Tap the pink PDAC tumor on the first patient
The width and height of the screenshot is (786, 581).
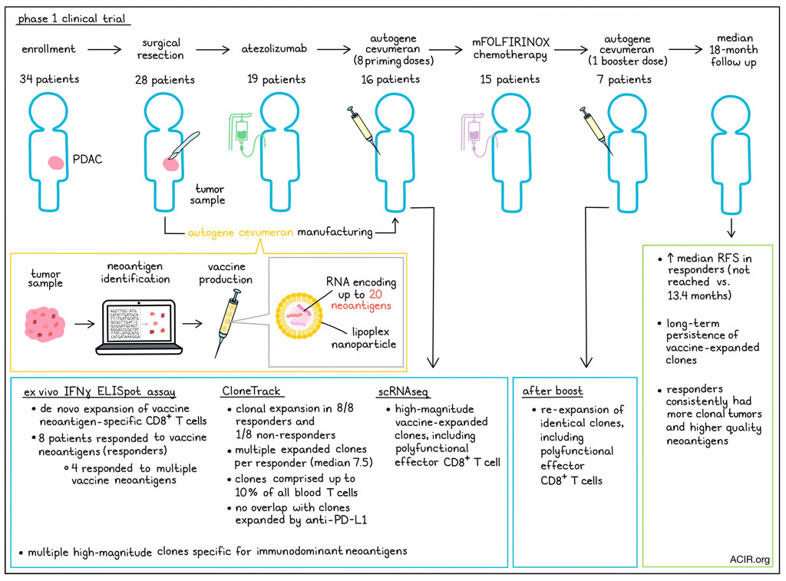click(x=57, y=163)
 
